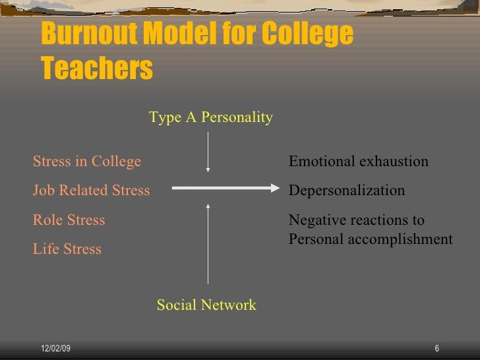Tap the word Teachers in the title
[x=96, y=68]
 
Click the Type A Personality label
[x=210, y=117]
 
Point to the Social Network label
[x=206, y=305]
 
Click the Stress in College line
[x=87, y=162]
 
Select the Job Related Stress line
[x=92, y=191]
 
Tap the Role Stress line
[x=69, y=220]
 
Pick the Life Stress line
[x=67, y=249]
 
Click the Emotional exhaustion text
[x=359, y=162]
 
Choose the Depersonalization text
[x=347, y=191]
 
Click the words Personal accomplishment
[x=371, y=239]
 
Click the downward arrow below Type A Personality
[x=208, y=152]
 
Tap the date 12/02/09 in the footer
[x=54, y=349]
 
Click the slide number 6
[x=437, y=349]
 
